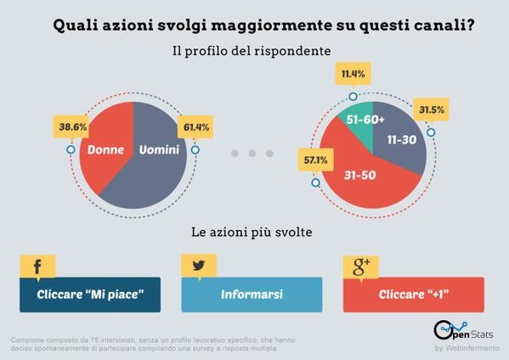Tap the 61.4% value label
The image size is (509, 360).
pos(195,127)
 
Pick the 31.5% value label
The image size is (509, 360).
pos(432,110)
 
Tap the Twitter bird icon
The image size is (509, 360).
pos(199,266)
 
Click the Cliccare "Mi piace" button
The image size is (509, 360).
pos(89,295)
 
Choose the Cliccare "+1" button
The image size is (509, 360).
pos(413,295)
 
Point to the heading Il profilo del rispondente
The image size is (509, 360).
pos(252,51)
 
